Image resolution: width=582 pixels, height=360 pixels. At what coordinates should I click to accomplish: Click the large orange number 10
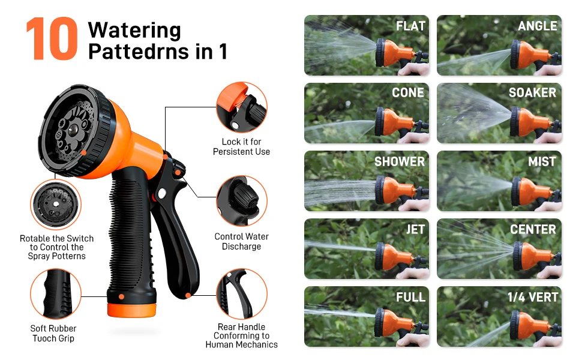click(52, 38)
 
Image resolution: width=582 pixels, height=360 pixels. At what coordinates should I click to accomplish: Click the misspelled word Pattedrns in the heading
click(139, 52)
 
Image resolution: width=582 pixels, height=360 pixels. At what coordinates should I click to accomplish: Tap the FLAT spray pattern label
click(410, 26)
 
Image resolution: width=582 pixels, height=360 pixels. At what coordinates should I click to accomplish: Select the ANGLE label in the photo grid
click(538, 26)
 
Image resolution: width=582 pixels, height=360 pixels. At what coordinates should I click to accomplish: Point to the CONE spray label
click(408, 92)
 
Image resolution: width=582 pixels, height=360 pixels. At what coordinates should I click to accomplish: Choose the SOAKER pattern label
click(532, 92)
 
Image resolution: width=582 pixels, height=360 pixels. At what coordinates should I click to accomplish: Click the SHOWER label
click(400, 161)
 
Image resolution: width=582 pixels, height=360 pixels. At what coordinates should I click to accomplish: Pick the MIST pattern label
click(542, 161)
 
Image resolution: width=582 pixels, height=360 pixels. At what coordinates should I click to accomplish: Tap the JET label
click(415, 229)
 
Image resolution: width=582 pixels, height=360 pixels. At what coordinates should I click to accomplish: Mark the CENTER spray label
click(533, 229)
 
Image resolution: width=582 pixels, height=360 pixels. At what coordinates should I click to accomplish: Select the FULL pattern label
click(410, 297)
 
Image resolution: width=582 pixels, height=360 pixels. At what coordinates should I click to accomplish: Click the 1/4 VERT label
click(533, 297)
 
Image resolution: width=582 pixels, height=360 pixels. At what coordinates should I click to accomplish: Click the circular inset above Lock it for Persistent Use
click(242, 107)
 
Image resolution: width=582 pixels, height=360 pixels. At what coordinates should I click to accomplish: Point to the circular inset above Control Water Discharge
click(242, 201)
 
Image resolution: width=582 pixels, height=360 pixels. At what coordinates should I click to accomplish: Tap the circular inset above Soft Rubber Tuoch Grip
click(56, 294)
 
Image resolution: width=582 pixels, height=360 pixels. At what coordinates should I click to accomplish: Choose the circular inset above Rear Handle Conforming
click(242, 294)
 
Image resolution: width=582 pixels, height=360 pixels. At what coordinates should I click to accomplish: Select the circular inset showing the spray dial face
click(56, 205)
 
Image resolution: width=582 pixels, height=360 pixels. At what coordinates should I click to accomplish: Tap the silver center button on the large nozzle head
click(73, 130)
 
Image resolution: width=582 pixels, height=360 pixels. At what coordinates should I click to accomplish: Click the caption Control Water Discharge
click(242, 242)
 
